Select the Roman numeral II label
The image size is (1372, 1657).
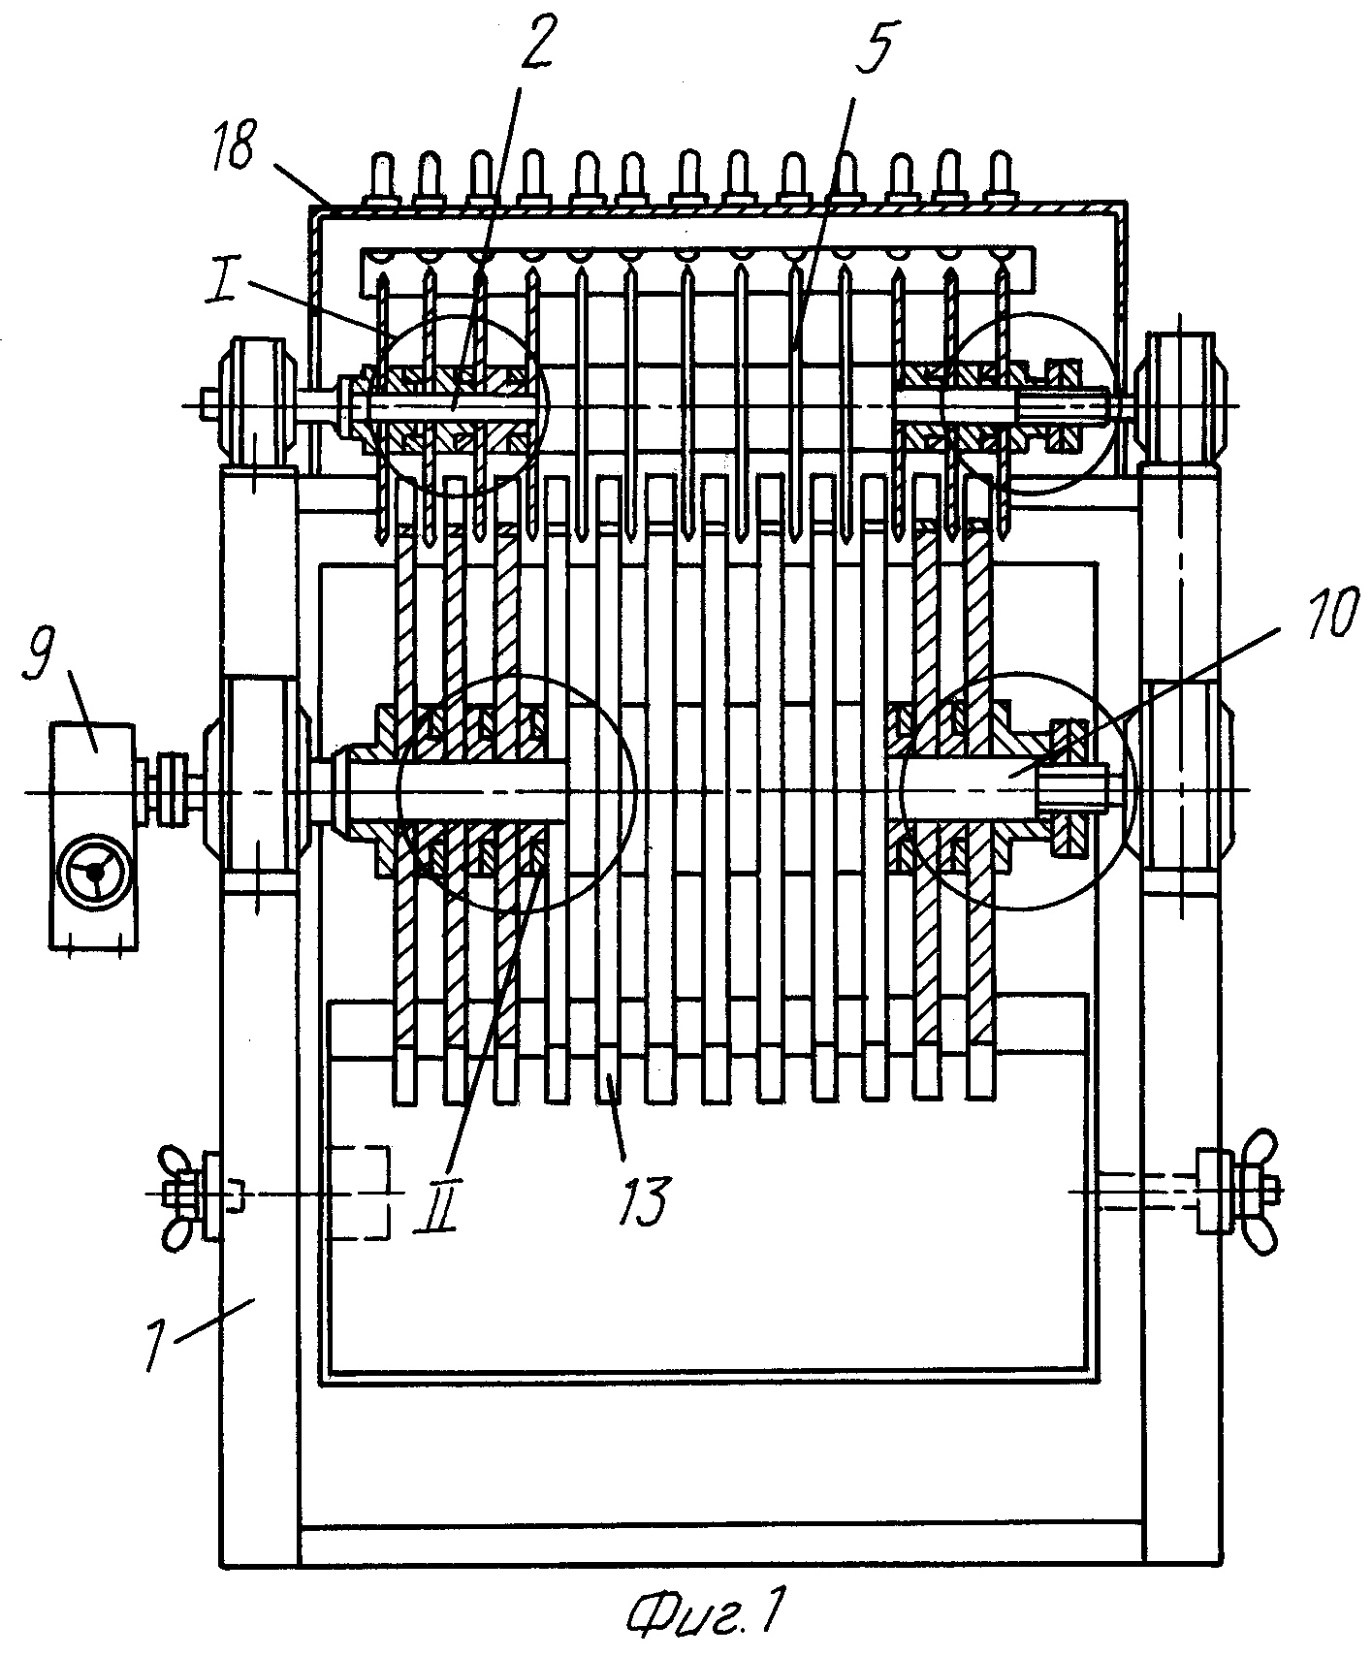point(432,1213)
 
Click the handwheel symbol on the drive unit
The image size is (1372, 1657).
point(95,870)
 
